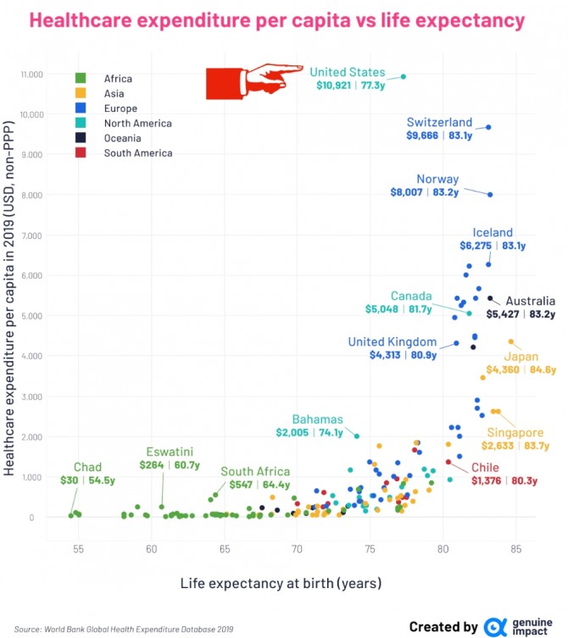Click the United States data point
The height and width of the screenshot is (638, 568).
pos(404,76)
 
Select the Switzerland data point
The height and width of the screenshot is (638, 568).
pos(488,127)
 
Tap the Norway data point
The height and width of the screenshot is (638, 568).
pos(490,195)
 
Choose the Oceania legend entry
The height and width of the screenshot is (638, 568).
pos(125,138)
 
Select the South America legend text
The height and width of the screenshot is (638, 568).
pos(138,153)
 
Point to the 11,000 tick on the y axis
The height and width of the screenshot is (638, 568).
pos(31,75)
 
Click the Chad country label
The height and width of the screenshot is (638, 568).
pos(87,467)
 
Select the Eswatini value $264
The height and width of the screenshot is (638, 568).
pos(152,464)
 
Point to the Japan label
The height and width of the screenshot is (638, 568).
pos(521,356)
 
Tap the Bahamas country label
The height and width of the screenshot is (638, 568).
pos(318,419)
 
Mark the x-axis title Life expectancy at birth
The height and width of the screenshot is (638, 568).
pos(280,583)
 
